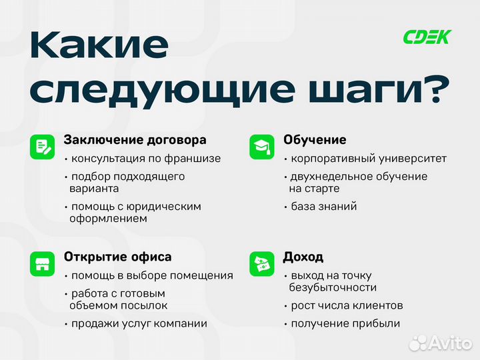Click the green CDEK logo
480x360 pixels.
click(427, 37)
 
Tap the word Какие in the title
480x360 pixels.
click(100, 45)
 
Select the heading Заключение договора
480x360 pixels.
click(135, 140)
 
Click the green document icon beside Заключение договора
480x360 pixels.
click(42, 147)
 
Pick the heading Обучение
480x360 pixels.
click(315, 140)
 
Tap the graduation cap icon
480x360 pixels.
click(261, 147)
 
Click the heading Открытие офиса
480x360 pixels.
click(117, 257)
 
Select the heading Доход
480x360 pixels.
click(303, 257)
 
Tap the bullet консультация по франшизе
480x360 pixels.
click(145, 159)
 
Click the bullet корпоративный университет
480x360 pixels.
click(368, 159)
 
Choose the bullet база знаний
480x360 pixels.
click(323, 207)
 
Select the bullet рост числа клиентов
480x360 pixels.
click(347, 306)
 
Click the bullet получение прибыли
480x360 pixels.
click(345, 324)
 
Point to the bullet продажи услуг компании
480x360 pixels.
click(139, 324)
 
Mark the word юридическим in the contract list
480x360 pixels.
click(166, 207)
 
